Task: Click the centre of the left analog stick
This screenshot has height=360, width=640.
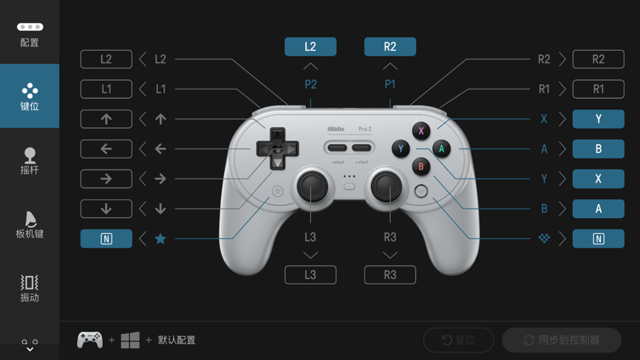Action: point(312,186)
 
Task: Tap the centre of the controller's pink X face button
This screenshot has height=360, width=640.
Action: point(421,131)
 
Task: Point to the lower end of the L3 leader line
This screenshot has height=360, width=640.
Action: point(311,222)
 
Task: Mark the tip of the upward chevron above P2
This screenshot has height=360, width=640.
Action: point(311,63)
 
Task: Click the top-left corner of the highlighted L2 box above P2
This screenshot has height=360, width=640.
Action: point(285,38)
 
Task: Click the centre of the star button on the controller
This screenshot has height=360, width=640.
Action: point(278,191)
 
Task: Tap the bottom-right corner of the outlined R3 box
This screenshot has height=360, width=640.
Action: point(416,284)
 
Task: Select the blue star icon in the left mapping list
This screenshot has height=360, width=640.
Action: point(160,238)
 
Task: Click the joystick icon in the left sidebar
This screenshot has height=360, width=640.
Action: point(30,155)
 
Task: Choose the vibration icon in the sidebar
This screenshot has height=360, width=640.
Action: point(30,282)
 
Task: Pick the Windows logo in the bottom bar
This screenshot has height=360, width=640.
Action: point(130,340)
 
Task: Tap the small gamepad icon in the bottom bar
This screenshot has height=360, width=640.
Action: point(90,340)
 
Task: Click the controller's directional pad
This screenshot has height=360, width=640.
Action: point(278,148)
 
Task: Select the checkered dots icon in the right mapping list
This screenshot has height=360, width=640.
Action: point(544,238)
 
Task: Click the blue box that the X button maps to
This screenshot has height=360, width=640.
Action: point(599,119)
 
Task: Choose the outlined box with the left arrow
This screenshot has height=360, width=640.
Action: point(106,148)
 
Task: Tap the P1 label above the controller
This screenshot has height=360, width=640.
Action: point(390,85)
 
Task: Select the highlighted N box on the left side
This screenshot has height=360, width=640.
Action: point(106,238)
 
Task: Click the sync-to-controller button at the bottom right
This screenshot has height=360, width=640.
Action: point(562,340)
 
